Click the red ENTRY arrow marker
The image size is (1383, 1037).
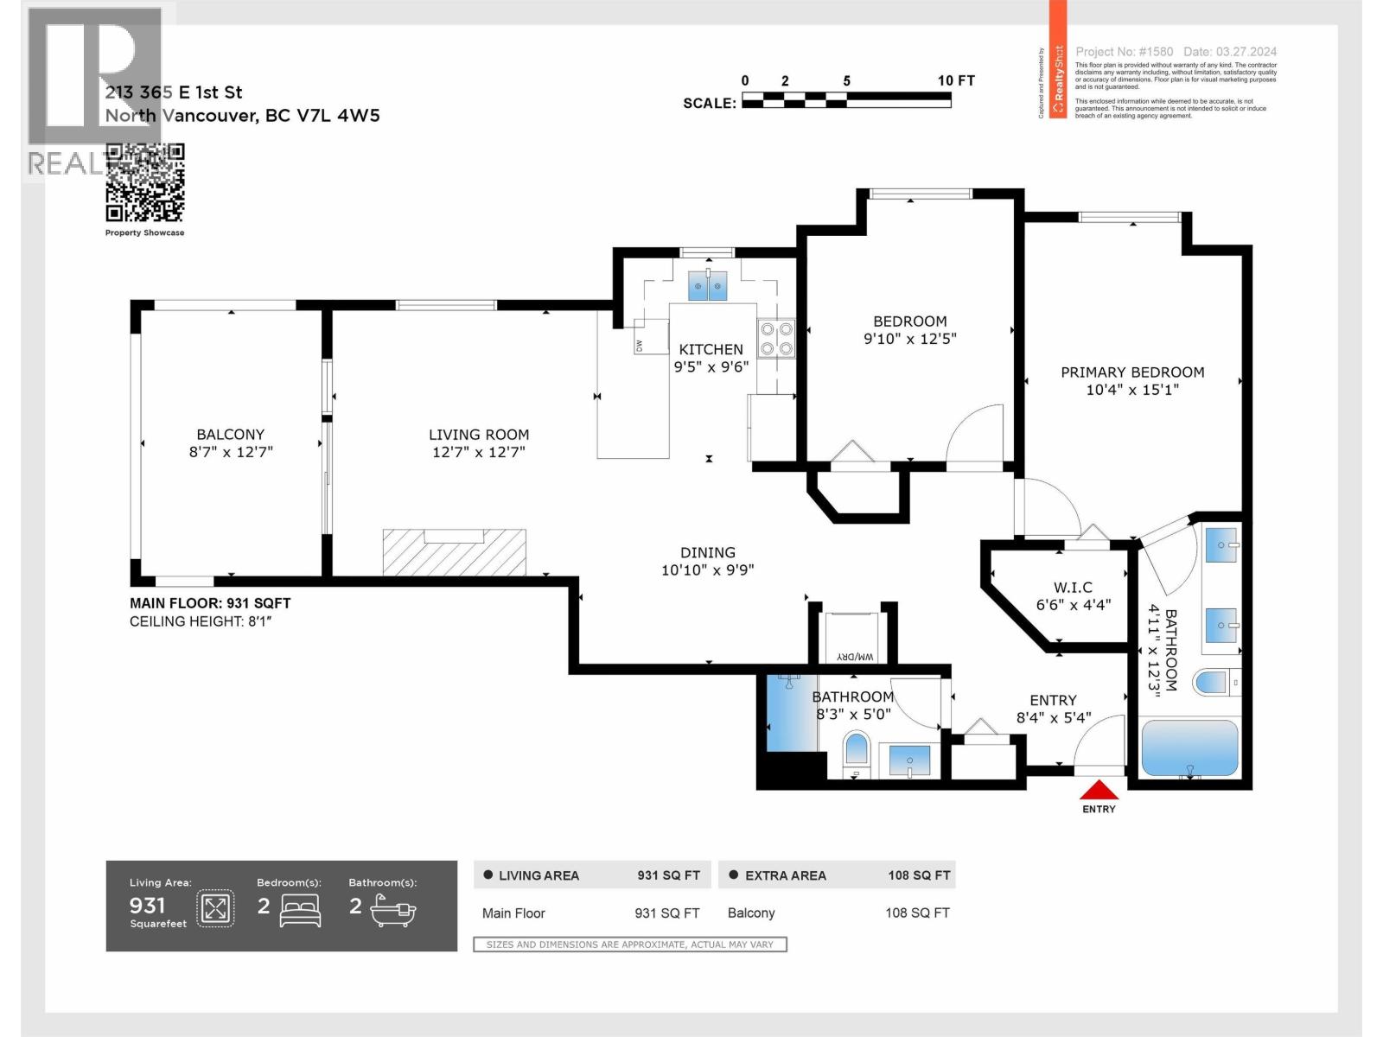click(1099, 790)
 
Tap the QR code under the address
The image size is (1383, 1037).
click(144, 182)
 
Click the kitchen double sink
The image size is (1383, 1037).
click(708, 285)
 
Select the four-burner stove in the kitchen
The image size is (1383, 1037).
click(776, 339)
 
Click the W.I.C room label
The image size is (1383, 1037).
click(1073, 588)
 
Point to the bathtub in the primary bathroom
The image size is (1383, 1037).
click(1189, 748)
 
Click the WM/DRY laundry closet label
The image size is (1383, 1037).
click(855, 658)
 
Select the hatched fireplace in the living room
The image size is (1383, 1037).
click(455, 553)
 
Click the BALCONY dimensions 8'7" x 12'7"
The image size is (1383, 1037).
click(231, 452)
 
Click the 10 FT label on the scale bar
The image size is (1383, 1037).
click(955, 80)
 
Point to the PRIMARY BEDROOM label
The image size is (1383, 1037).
click(1132, 372)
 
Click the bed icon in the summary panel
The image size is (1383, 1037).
click(300, 910)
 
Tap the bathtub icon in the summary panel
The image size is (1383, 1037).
click(393, 910)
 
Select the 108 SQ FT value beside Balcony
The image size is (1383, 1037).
click(917, 913)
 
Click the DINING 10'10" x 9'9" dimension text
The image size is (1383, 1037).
click(708, 570)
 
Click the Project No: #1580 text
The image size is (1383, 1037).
click(1124, 52)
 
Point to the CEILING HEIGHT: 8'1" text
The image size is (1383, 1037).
click(201, 621)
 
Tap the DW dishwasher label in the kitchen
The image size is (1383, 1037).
click(640, 346)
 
